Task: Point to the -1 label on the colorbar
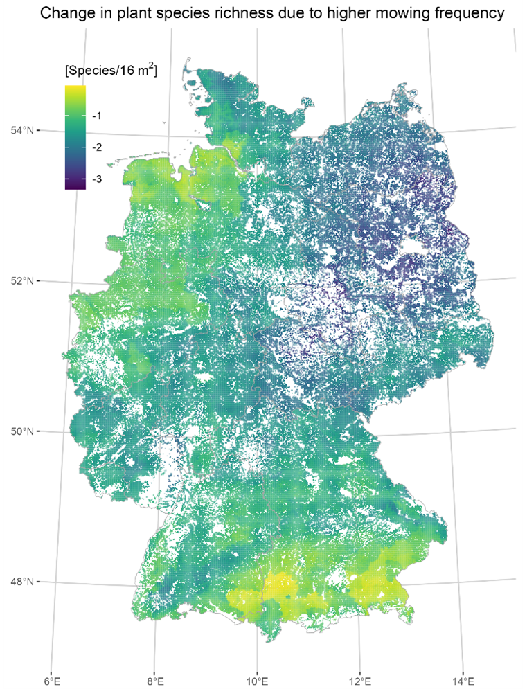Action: click(x=97, y=116)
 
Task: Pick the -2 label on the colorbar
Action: click(x=97, y=147)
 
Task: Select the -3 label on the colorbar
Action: click(x=97, y=179)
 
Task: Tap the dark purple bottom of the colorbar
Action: click(x=75, y=186)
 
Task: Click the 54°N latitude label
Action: click(x=19, y=130)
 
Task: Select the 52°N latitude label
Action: click(x=19, y=280)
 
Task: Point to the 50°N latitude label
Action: click(x=19, y=431)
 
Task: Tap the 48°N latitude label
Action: click(x=19, y=581)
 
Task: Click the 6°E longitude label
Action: click(x=52, y=681)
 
